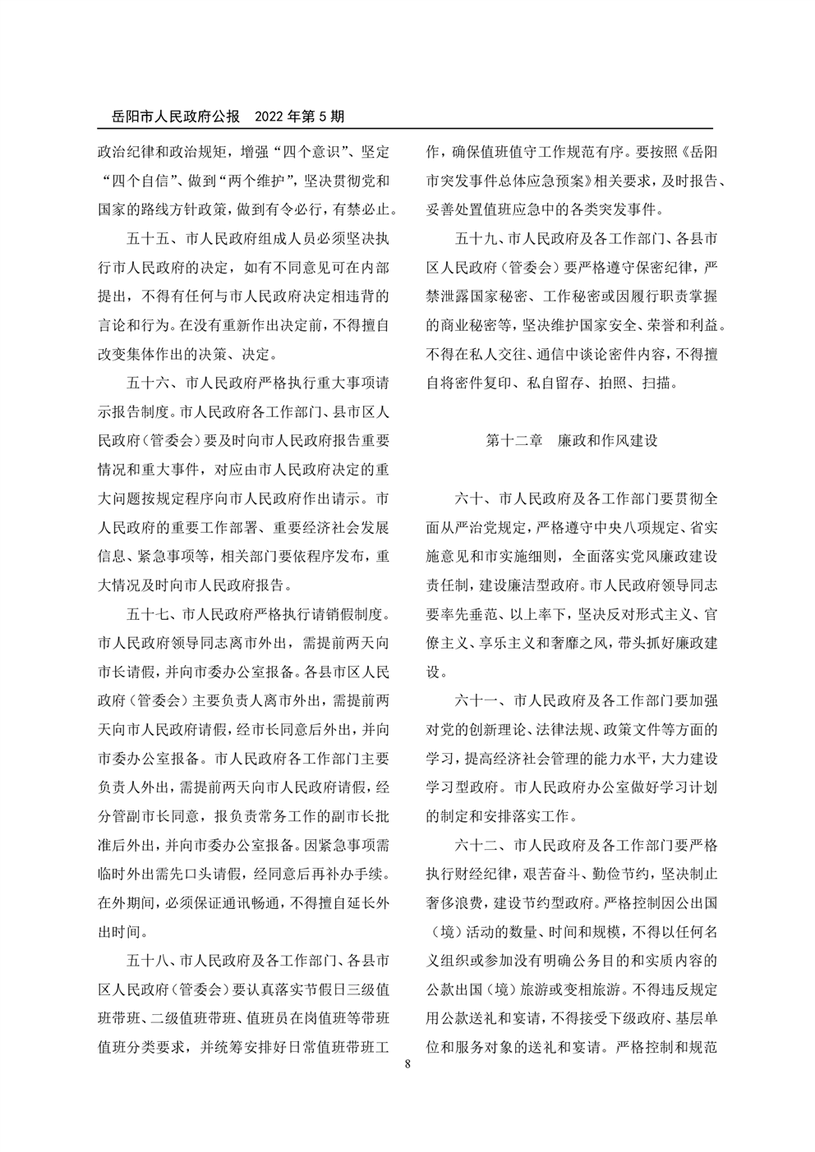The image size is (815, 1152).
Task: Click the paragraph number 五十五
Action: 147,239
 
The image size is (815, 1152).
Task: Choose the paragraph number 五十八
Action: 147,961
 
